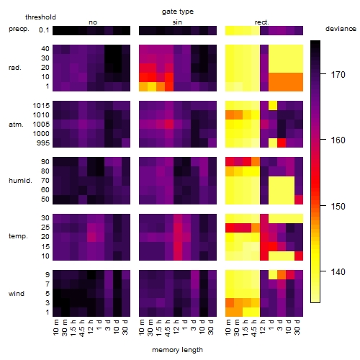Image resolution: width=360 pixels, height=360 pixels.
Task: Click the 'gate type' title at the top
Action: tap(178, 12)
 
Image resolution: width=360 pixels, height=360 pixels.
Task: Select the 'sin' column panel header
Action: tap(177, 22)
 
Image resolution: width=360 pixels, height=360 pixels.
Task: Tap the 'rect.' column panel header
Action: tap(262, 22)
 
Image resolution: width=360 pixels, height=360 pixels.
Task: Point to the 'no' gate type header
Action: tap(93, 22)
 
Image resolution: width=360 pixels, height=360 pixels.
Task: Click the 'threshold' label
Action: tap(40, 17)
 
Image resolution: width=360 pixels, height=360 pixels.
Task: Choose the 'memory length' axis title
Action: tap(177, 350)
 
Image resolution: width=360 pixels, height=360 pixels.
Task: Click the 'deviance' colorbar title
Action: tap(341, 29)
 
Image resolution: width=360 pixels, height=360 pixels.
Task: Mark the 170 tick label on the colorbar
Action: tap(338, 75)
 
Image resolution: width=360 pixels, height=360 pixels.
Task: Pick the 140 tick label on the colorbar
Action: tap(338, 272)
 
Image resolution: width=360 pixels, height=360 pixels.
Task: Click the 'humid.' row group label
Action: tap(20, 181)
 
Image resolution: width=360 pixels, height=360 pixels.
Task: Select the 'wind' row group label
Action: tap(17, 294)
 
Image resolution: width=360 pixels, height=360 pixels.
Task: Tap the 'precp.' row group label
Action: tap(19, 29)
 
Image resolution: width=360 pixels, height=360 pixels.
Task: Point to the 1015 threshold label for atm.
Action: tap(41, 106)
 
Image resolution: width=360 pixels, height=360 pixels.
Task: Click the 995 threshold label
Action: tap(43, 143)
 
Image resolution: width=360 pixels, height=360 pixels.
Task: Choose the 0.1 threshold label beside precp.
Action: tap(44, 30)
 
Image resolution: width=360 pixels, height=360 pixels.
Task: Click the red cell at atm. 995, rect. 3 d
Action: tap(282, 143)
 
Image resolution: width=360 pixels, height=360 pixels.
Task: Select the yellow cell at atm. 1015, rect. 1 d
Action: tap(273, 105)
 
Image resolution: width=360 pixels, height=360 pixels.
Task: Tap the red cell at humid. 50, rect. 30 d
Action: tap(299, 199)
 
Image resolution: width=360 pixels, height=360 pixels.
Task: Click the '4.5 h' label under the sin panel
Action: tap(168, 328)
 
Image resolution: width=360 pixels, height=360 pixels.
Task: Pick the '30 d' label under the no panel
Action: tap(125, 327)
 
